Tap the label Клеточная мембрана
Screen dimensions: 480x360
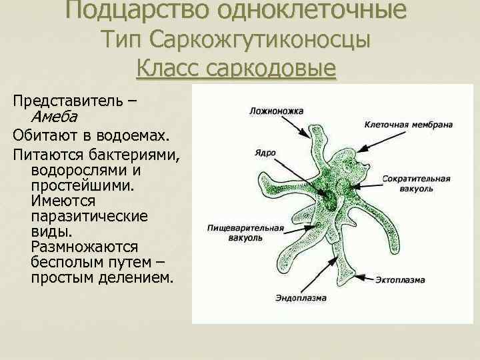point(409,125)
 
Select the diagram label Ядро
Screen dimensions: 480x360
point(265,152)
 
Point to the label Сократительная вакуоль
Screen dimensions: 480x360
point(417,183)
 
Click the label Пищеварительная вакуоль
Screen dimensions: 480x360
point(245,232)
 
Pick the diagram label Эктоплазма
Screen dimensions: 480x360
point(399,280)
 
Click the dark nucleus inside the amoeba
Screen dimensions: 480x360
point(329,197)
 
